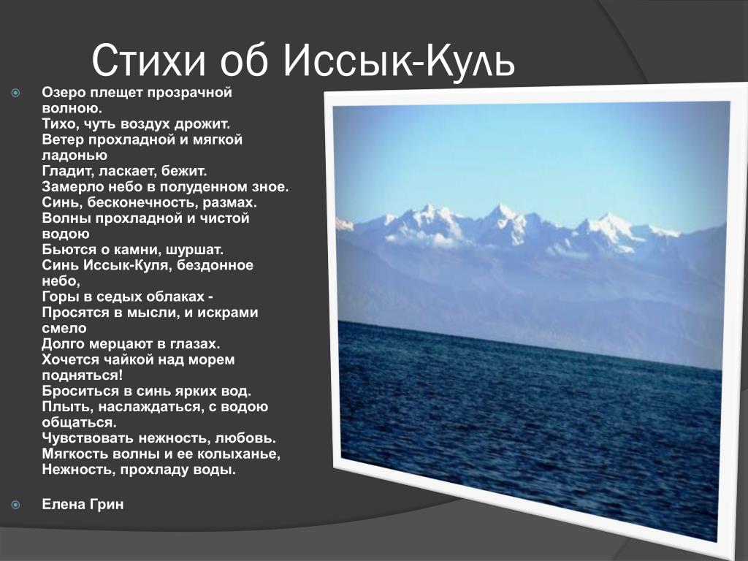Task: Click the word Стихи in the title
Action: [x=148, y=60]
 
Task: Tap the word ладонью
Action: [x=75, y=156]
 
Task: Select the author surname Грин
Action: [x=105, y=504]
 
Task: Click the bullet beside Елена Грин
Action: [x=16, y=505]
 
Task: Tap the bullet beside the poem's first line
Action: [x=16, y=93]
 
